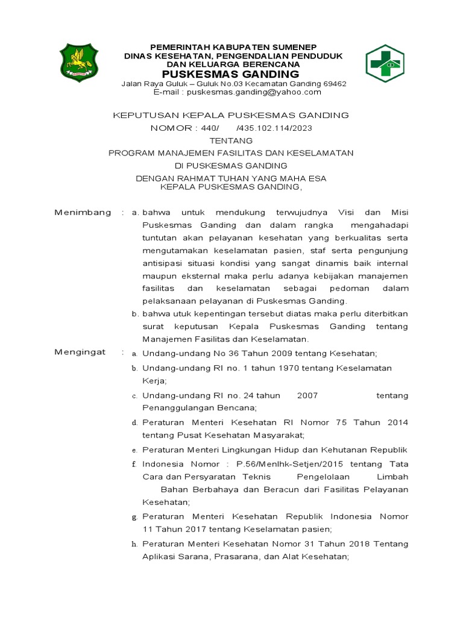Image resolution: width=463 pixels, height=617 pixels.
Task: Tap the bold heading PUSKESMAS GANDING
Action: [233, 74]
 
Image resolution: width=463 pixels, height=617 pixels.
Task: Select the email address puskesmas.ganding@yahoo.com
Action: [254, 92]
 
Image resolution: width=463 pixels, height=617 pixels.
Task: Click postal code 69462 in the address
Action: [334, 84]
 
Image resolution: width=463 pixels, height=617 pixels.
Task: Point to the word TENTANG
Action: [231, 140]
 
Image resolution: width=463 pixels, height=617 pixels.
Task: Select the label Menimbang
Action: [83, 212]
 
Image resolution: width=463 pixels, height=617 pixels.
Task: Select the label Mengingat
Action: [80, 352]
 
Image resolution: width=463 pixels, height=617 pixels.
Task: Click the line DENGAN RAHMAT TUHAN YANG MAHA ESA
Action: [231, 178]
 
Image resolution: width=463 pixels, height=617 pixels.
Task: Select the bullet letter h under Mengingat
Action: [134, 545]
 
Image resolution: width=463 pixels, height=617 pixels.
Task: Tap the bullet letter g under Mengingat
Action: [134, 517]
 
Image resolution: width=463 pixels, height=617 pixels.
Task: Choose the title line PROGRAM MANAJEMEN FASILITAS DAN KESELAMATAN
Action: [231, 153]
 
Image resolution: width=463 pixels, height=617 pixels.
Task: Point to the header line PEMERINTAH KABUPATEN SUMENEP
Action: [233, 47]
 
